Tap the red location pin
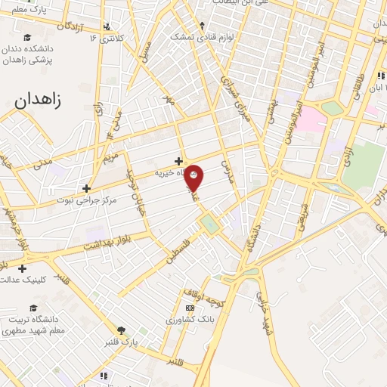194,177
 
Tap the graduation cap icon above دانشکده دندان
28,38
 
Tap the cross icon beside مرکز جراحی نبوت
87,188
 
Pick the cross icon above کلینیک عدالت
23,268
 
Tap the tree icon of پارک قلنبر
122,330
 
